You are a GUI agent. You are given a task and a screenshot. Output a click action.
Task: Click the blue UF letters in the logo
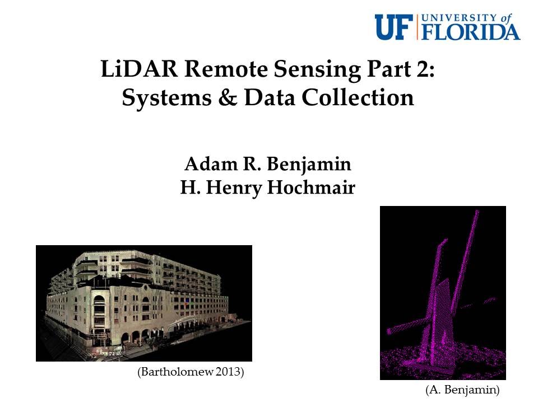click(394, 27)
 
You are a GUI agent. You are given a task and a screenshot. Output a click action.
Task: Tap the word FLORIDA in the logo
click(470, 32)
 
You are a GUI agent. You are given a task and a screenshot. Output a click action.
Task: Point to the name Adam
click(207, 165)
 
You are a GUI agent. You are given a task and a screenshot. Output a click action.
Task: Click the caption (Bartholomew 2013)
click(191, 372)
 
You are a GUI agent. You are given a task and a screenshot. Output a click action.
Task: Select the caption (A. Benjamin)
click(462, 388)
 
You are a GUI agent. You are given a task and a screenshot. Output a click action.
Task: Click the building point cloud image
click(144, 303)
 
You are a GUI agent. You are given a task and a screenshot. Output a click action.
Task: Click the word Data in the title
click(276, 99)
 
